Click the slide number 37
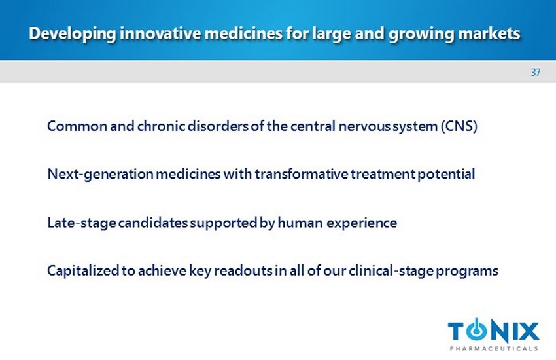[536, 73]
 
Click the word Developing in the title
[73, 34]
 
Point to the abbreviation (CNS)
[459, 126]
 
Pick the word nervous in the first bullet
[364, 126]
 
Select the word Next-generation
[100, 174]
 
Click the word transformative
[302, 174]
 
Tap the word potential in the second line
[446, 174]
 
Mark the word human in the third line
[300, 223]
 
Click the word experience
[362, 223]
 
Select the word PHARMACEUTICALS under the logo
[494, 348]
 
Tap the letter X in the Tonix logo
[527, 332]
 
